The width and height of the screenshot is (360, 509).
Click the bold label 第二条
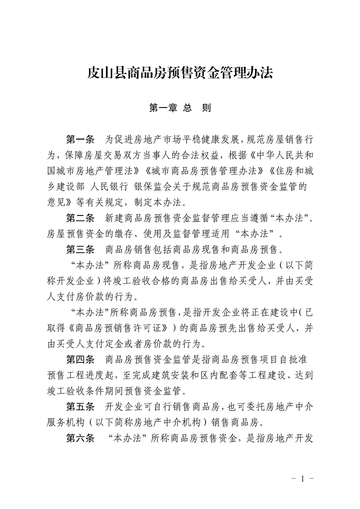click(80, 219)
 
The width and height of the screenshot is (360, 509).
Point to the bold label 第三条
click(80, 249)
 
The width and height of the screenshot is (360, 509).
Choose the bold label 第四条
click(80, 360)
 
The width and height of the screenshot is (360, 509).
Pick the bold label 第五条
click(80, 406)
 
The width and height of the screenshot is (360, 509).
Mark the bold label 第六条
click(80, 438)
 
